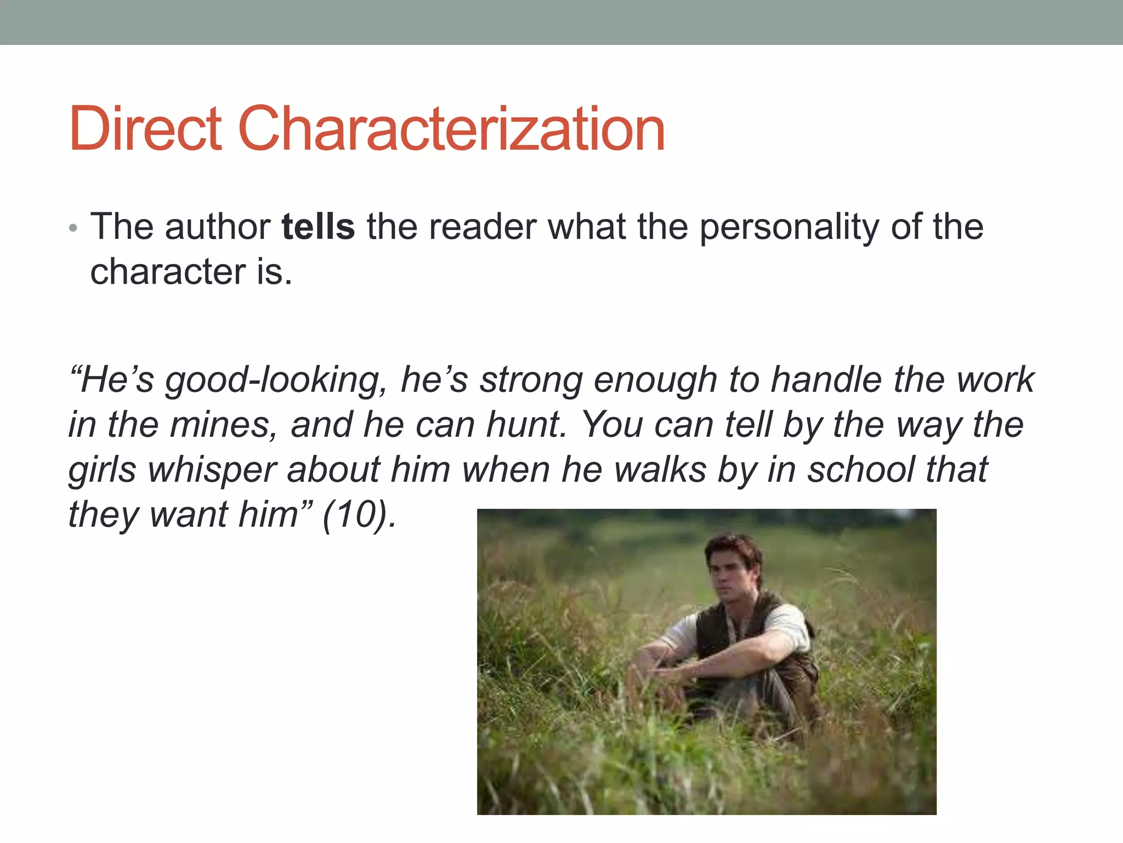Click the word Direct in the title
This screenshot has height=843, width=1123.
[x=145, y=129]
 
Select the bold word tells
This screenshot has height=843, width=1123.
[x=318, y=227]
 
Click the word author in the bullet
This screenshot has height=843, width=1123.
[x=218, y=227]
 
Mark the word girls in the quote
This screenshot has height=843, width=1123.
[x=102, y=471]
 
